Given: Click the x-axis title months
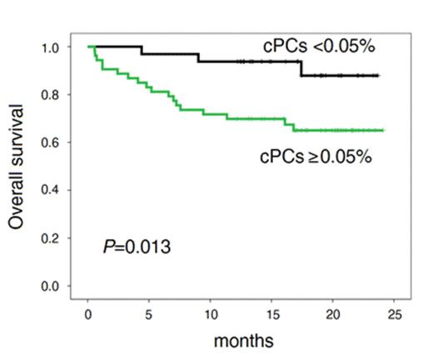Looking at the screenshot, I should click(243, 340).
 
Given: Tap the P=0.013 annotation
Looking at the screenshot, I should click(137, 246).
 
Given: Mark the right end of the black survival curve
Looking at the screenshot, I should click(379, 76).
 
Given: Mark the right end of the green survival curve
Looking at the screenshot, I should click(382, 130).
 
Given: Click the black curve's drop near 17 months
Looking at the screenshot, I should click(301, 68).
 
